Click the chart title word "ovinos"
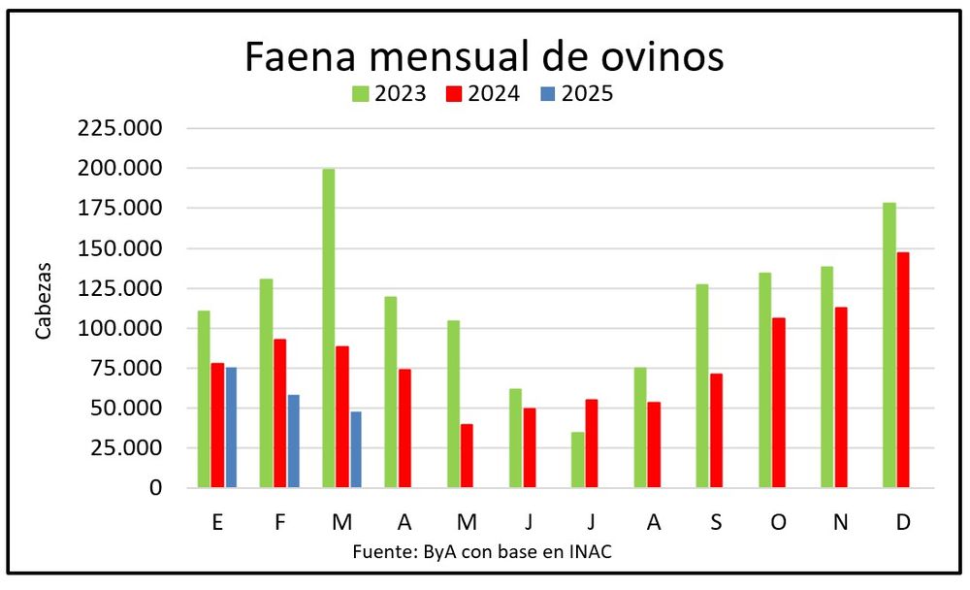pyautogui.click(x=662, y=57)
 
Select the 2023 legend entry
pyautogui.click(x=389, y=93)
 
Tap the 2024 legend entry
pyautogui.click(x=482, y=93)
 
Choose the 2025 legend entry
pyautogui.click(x=576, y=93)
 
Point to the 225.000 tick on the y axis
pyautogui.click(x=119, y=128)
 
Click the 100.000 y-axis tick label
pyautogui.click(x=119, y=328)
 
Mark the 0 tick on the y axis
pyautogui.click(x=155, y=488)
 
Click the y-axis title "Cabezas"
pyautogui.click(x=43, y=302)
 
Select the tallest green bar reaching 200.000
pyautogui.click(x=329, y=328)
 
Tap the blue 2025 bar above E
pyautogui.click(x=231, y=428)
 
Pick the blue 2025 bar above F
pyautogui.click(x=293, y=442)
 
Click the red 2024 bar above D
pyautogui.click(x=903, y=371)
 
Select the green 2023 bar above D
pyautogui.click(x=889, y=345)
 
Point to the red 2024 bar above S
pyautogui.click(x=716, y=431)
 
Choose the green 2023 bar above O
pyautogui.click(x=764, y=380)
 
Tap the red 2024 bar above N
pyautogui.click(x=841, y=398)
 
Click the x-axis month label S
pyautogui.click(x=716, y=522)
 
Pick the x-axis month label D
pyautogui.click(x=903, y=522)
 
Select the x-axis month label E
pyautogui.click(x=217, y=522)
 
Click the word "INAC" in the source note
pyautogui.click(x=590, y=551)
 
